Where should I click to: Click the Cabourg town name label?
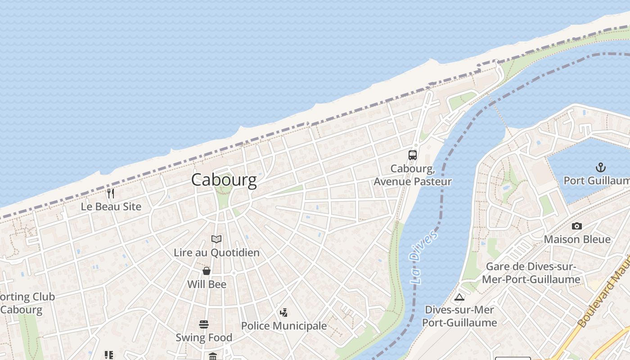tap(224, 180)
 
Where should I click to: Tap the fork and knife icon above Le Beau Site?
tap(111, 193)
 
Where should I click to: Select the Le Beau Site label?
tap(111, 207)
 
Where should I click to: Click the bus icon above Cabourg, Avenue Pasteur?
tap(413, 155)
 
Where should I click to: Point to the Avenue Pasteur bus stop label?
tap(413, 175)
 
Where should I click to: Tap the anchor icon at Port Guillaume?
tap(600, 168)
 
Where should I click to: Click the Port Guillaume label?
tap(597, 181)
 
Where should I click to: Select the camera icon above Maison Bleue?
tap(577, 226)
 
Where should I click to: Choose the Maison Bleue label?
tap(577, 239)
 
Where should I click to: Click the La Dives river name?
tap(423, 257)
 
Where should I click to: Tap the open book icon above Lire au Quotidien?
tap(216, 239)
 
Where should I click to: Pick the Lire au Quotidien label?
tap(216, 253)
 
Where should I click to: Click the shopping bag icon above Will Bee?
tap(207, 271)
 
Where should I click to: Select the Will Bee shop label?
tap(207, 284)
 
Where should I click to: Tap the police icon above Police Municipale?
tap(283, 312)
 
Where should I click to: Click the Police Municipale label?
tap(284, 326)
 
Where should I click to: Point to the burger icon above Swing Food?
tap(204, 324)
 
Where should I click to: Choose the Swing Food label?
tap(204, 337)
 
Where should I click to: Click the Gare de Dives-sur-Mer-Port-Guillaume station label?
tap(531, 273)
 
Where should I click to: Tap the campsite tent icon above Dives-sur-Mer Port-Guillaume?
tap(459, 297)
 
